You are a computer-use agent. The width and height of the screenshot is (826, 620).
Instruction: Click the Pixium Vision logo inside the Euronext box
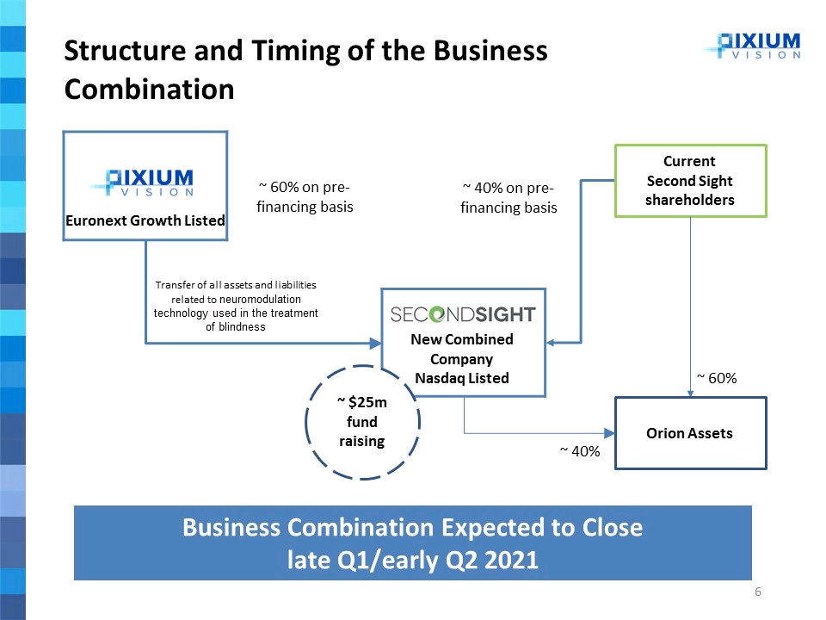tap(144, 183)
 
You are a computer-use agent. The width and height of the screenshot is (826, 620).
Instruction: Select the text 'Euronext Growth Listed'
tap(145, 220)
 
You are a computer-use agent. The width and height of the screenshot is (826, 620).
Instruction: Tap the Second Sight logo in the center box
tap(463, 314)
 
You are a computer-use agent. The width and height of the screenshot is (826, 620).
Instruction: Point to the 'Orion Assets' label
tap(689, 433)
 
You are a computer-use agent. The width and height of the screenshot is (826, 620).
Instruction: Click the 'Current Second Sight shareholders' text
tap(689, 181)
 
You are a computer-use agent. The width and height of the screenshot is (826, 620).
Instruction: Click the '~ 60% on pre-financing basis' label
tap(305, 197)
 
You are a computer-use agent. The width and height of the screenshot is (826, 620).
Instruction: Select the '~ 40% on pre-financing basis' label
tap(509, 198)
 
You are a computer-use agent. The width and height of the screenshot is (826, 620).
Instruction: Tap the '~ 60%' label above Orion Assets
tap(717, 378)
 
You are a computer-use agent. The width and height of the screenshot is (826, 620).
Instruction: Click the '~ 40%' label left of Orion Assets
tap(580, 450)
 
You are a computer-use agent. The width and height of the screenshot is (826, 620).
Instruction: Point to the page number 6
tap(757, 592)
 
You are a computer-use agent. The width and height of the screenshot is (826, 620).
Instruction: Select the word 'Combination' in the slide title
tap(149, 89)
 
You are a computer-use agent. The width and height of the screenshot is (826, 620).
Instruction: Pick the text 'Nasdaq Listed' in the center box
tap(462, 377)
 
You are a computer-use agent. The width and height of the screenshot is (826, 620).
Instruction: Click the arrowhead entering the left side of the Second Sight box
tap(376, 344)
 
